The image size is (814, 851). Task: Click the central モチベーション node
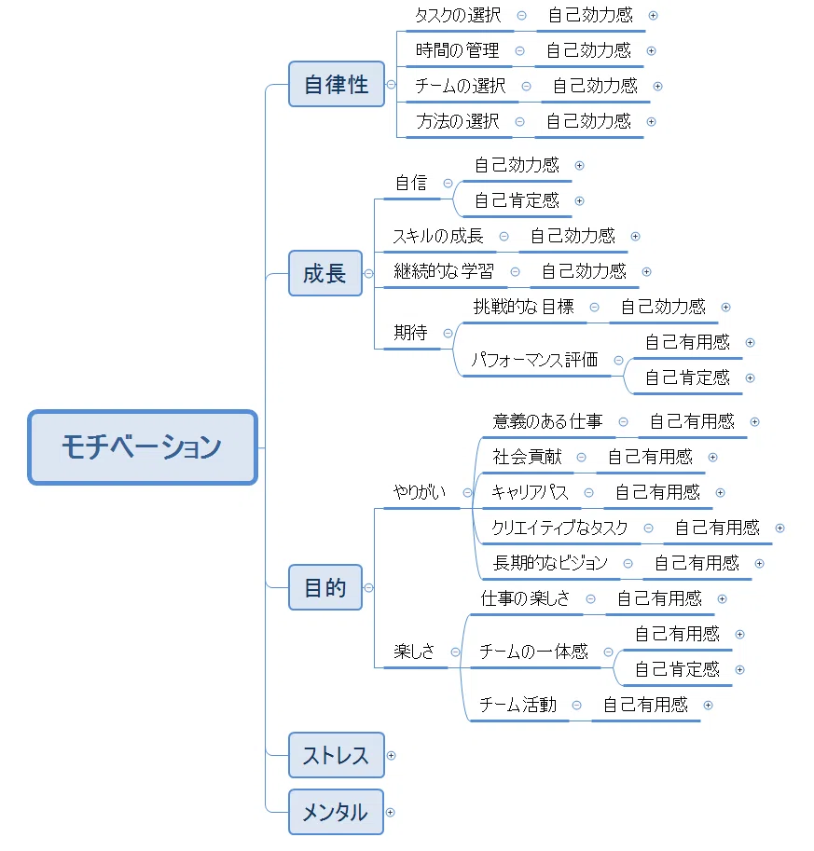(x=143, y=447)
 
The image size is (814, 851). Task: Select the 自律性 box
(x=337, y=84)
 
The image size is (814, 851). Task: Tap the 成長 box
(x=325, y=273)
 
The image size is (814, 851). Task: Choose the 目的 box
(x=325, y=587)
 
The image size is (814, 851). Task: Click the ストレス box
(x=336, y=755)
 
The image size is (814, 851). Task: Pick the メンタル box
(x=336, y=812)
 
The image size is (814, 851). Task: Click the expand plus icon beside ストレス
(x=391, y=756)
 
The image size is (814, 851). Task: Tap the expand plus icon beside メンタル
(x=390, y=813)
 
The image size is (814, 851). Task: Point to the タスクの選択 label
(x=459, y=15)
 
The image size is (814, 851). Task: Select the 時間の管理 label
(x=457, y=50)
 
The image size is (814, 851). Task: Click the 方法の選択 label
(x=457, y=121)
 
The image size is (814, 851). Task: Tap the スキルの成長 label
(x=438, y=236)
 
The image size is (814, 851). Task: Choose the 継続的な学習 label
(x=444, y=271)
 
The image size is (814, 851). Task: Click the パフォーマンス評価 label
(x=534, y=360)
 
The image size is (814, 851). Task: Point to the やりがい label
(x=420, y=492)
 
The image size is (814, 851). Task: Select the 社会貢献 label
(x=527, y=457)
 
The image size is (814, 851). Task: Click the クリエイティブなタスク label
(x=559, y=528)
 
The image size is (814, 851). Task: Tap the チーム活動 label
(x=518, y=705)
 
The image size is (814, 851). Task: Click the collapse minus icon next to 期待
(x=448, y=334)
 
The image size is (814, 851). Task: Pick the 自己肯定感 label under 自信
(x=517, y=200)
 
